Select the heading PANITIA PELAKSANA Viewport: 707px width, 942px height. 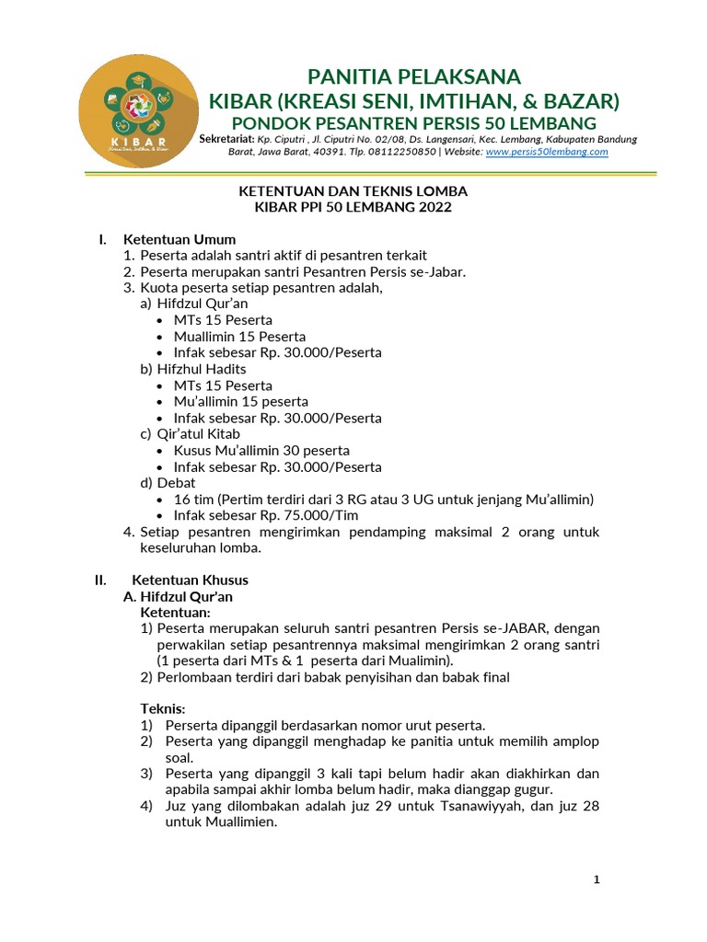tap(413, 75)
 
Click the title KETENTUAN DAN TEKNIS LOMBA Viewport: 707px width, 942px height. tap(353, 190)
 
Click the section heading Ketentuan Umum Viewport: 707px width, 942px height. tap(180, 239)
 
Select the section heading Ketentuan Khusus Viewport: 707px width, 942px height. tap(190, 580)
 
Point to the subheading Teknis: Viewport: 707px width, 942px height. tap(162, 708)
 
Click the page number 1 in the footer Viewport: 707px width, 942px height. tap(597, 879)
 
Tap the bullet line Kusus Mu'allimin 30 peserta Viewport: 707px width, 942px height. tap(261, 450)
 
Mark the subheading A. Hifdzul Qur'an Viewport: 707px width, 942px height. tap(178, 596)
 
